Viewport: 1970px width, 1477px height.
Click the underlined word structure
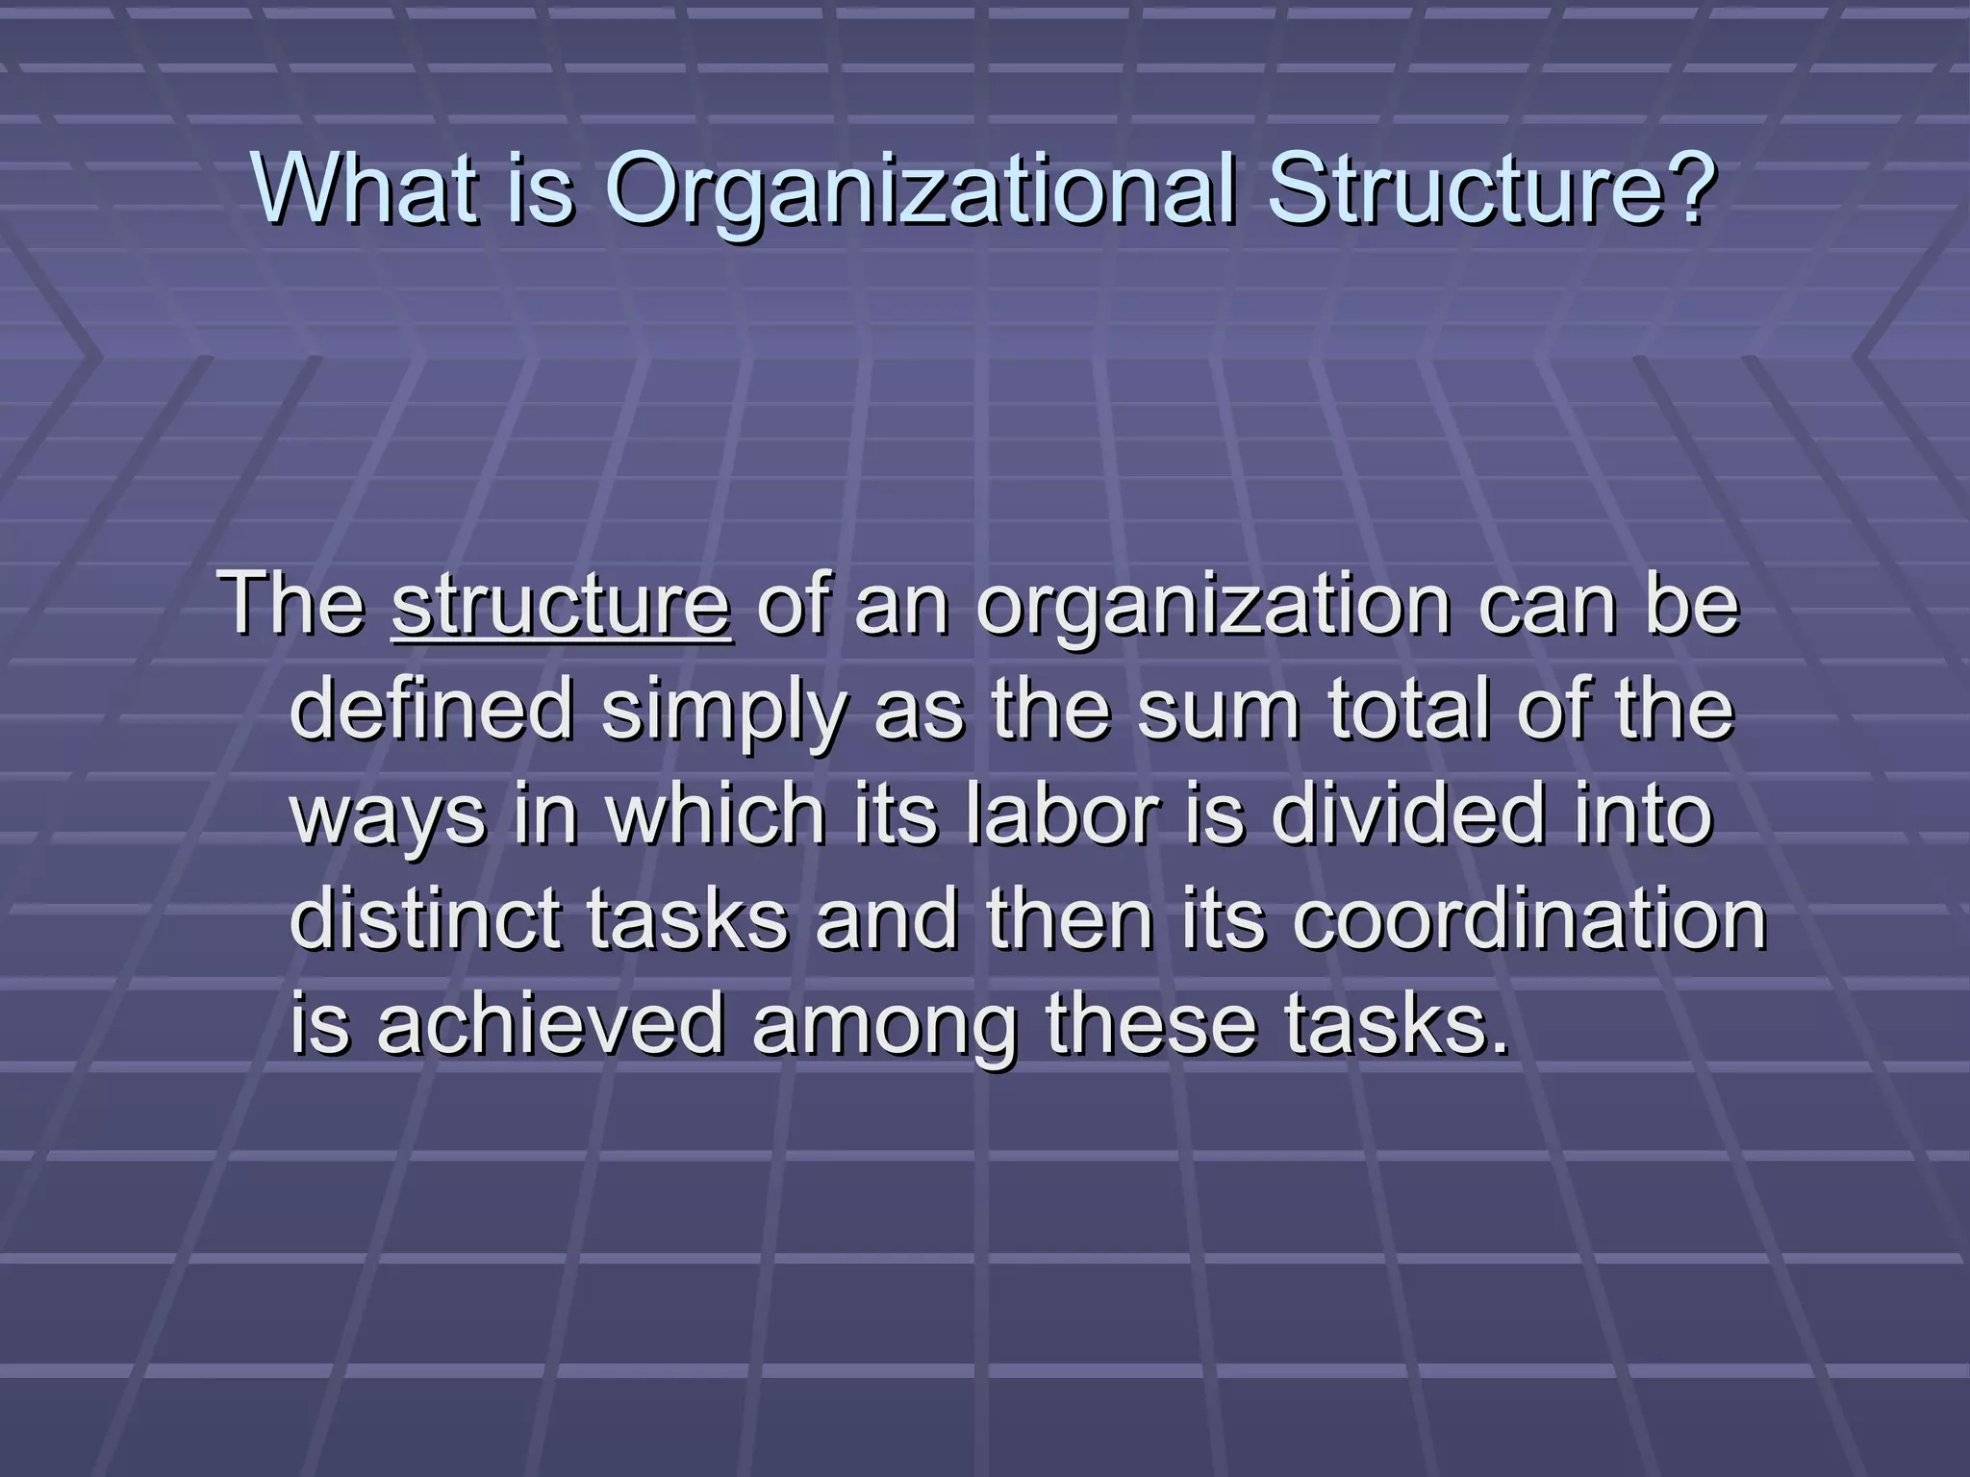tap(561, 606)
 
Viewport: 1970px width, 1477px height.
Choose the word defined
tap(431, 709)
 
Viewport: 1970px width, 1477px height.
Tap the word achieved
tap(549, 1023)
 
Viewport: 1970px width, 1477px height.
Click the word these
tap(1151, 1023)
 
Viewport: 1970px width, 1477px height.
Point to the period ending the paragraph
tap(1499, 1046)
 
